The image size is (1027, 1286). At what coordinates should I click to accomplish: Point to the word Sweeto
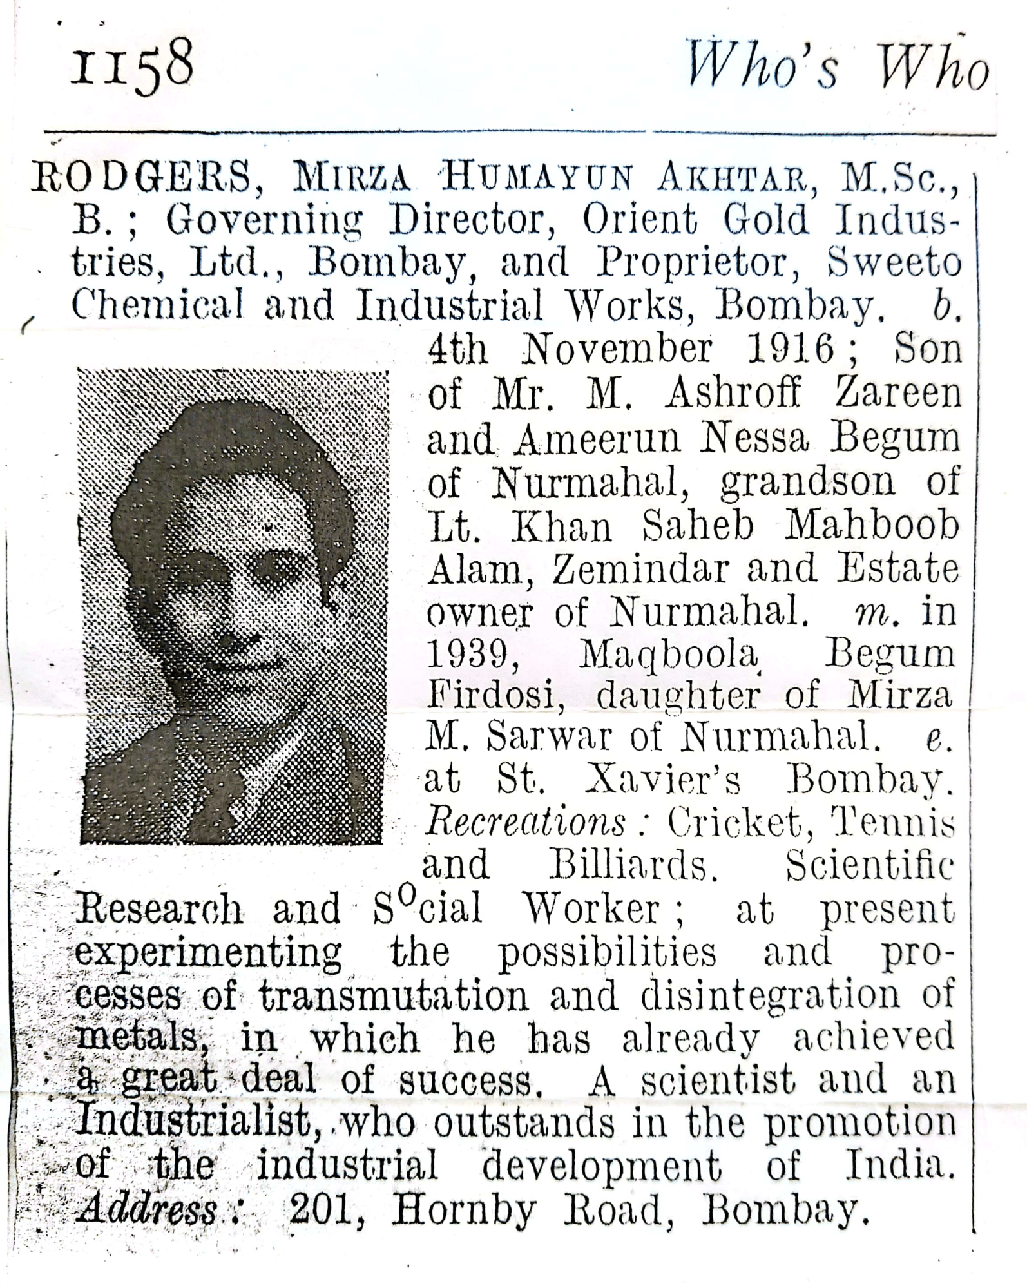tap(894, 263)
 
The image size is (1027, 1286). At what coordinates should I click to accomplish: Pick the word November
tap(617, 349)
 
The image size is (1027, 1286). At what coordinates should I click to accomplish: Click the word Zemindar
tap(640, 569)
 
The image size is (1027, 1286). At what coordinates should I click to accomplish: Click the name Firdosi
tap(495, 696)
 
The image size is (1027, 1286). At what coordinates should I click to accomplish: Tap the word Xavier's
tap(664, 781)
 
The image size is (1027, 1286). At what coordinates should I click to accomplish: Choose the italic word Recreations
tap(526, 823)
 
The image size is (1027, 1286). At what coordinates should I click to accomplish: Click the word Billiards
tap(633, 866)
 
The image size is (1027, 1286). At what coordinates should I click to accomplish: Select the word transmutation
tap(394, 996)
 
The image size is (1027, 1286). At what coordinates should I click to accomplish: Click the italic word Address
tap(149, 1209)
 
